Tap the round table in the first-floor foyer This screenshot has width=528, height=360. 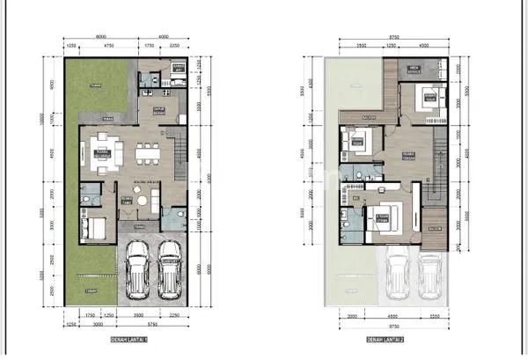click(137, 194)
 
